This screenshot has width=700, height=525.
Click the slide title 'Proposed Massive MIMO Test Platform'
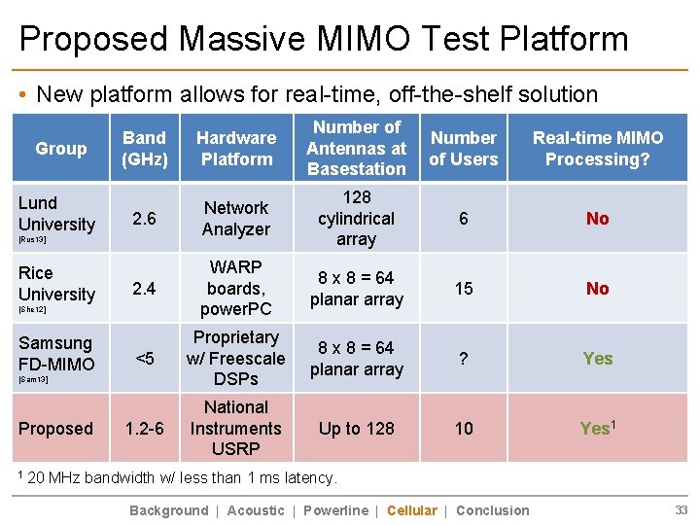pyautogui.click(x=324, y=38)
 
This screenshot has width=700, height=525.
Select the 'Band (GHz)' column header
pyautogui.click(x=145, y=149)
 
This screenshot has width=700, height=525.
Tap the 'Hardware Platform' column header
pyautogui.click(x=236, y=149)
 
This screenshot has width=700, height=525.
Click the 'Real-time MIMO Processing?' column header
pyautogui.click(x=597, y=149)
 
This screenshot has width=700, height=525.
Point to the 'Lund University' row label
pyautogui.click(x=56, y=214)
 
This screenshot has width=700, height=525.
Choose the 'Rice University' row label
pyautogui.click(x=56, y=284)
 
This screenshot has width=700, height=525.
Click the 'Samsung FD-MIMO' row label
pyautogui.click(x=56, y=354)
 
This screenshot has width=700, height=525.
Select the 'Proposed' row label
pyautogui.click(x=56, y=429)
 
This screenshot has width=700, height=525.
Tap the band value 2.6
pyautogui.click(x=145, y=219)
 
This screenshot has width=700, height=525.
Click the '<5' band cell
pyautogui.click(x=145, y=359)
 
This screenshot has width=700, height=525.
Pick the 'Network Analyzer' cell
pyautogui.click(x=236, y=219)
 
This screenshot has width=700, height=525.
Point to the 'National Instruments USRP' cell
pyautogui.click(x=236, y=429)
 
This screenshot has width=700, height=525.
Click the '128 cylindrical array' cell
pyautogui.click(x=357, y=219)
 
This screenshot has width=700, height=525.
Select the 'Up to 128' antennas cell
pyautogui.click(x=357, y=429)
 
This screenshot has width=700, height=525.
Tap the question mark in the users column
pyautogui.click(x=464, y=359)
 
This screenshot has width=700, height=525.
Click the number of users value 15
pyautogui.click(x=464, y=289)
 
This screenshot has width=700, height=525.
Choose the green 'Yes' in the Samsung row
pyautogui.click(x=597, y=359)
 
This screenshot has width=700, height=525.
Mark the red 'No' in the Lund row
pyautogui.click(x=597, y=219)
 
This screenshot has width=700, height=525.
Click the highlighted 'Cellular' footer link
pyautogui.click(x=412, y=510)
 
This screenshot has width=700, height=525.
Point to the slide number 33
pyautogui.click(x=682, y=510)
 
